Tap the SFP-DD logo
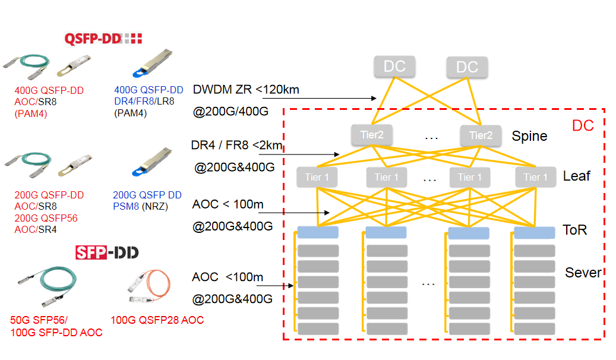(x=107, y=252)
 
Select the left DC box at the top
(x=394, y=67)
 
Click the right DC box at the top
(x=467, y=67)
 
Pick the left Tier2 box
(x=372, y=135)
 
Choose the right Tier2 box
(x=480, y=135)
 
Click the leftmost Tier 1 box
(x=317, y=177)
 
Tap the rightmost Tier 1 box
(x=536, y=177)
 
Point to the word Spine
(x=529, y=136)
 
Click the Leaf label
(x=576, y=176)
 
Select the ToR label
(x=574, y=230)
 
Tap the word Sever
(x=583, y=273)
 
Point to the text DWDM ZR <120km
(x=246, y=90)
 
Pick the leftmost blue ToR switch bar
(x=318, y=232)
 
